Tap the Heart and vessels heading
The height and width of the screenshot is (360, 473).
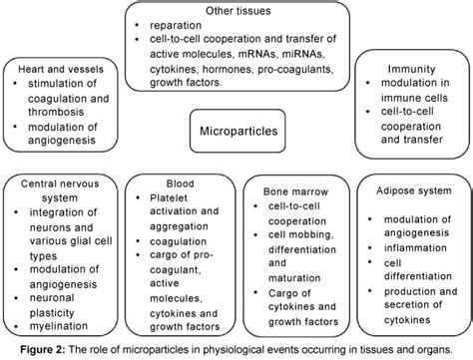click(x=62, y=68)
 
